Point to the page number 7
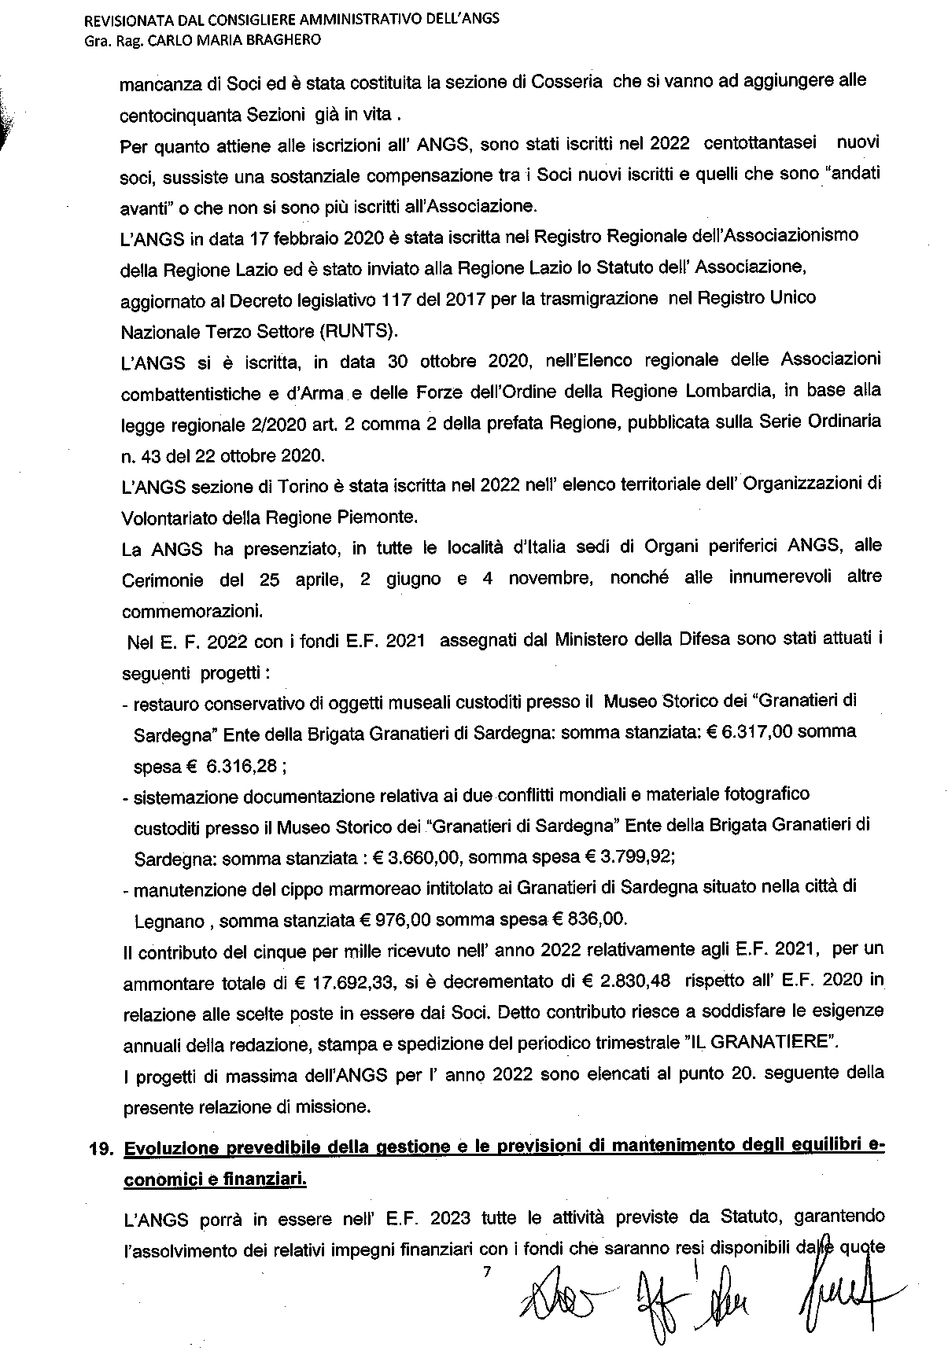point(485,1270)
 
